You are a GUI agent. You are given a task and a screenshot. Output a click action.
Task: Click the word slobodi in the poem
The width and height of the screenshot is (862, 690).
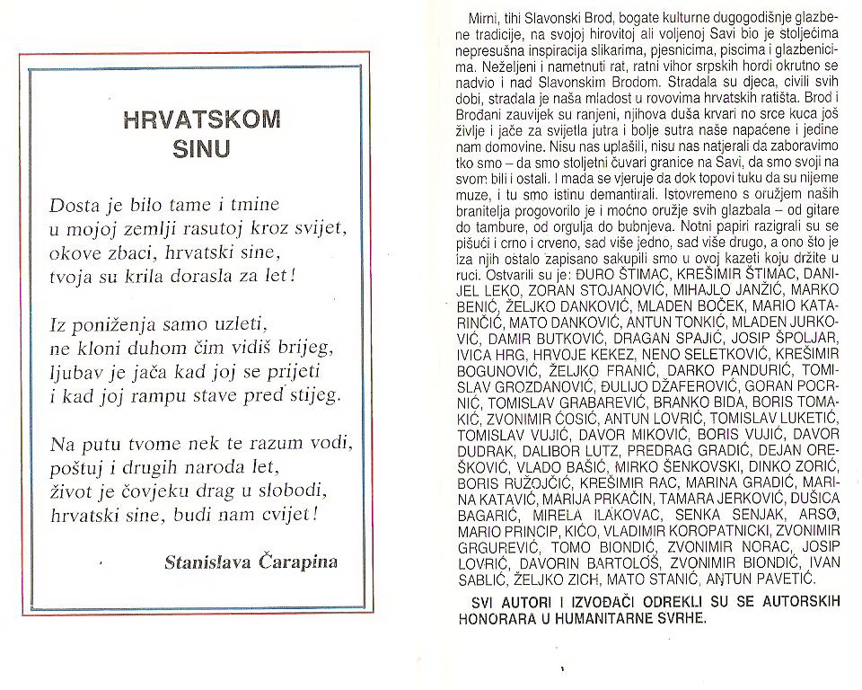(295, 491)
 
